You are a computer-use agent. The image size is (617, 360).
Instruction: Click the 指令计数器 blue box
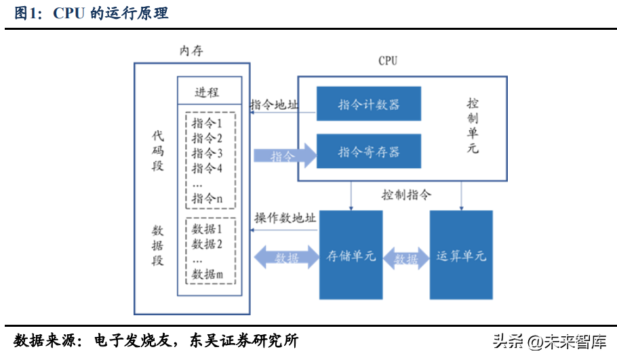tap(369, 104)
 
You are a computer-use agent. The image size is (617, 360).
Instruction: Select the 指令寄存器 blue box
tap(369, 152)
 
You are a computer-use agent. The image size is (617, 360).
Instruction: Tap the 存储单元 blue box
tap(351, 256)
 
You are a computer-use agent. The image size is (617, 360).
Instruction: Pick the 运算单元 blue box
tap(461, 256)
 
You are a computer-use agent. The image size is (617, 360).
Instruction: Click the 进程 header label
tap(207, 92)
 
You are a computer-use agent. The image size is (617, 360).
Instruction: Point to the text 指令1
tap(207, 123)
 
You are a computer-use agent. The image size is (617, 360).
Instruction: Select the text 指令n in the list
tap(207, 199)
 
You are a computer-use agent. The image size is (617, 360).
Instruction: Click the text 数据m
tap(207, 274)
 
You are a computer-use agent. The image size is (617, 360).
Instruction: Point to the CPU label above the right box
tap(388, 61)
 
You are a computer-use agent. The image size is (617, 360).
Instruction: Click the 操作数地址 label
tap(285, 218)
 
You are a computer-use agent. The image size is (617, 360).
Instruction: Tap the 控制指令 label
tap(405, 195)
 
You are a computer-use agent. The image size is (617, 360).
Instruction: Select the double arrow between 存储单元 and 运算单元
tap(406, 258)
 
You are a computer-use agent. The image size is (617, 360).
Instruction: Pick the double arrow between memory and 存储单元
tap(285, 258)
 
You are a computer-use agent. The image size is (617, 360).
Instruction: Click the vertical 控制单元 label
tap(473, 125)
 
